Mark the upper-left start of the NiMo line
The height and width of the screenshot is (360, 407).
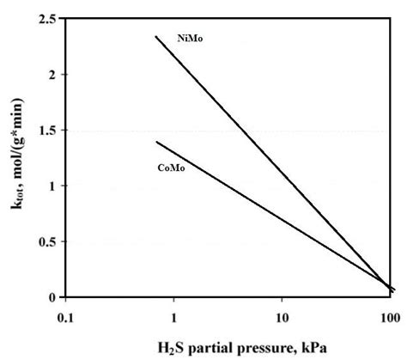pos(155,36)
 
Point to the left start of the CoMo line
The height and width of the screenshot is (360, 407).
pos(156,142)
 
